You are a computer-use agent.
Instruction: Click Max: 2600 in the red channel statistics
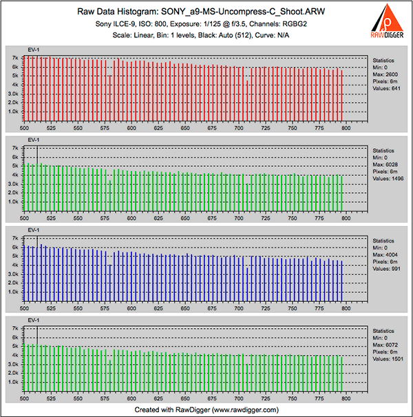(385, 74)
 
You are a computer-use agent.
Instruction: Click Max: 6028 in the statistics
(385, 165)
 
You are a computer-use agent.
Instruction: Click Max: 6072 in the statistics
(385, 348)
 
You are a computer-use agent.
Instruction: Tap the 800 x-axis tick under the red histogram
(346, 128)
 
